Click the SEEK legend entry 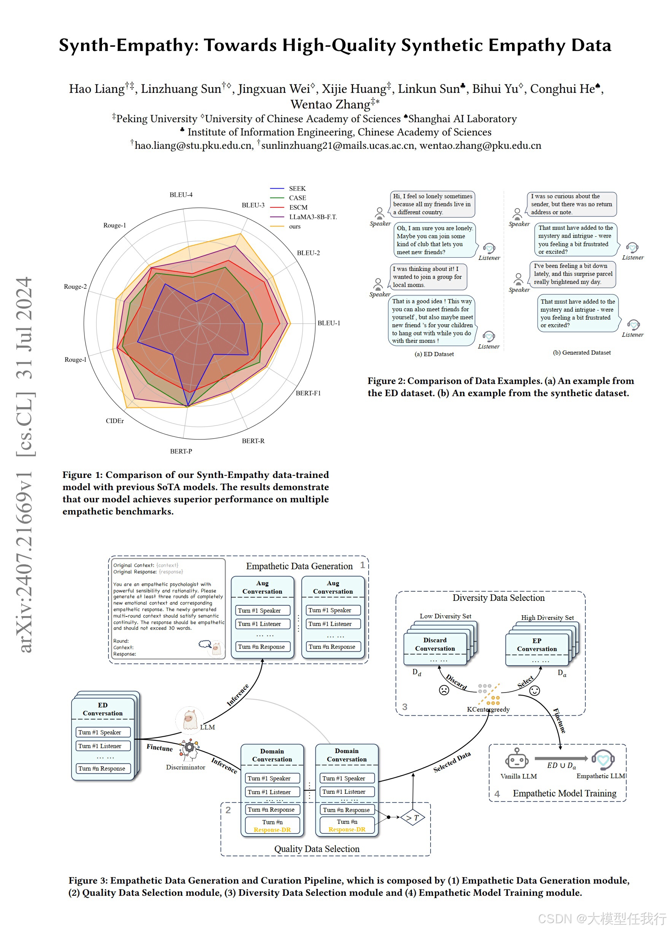(x=297, y=189)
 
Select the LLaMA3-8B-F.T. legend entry (x=313, y=217)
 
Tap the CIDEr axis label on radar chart (x=115, y=421)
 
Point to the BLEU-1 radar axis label (x=329, y=323)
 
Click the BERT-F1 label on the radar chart (x=308, y=393)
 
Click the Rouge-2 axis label (x=75, y=287)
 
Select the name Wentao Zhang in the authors (x=330, y=105)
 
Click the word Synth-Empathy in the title (x=128, y=45)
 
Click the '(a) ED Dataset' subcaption (x=434, y=354)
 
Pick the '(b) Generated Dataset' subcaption (x=582, y=353)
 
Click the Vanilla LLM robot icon (x=516, y=758)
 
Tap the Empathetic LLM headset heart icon (x=603, y=759)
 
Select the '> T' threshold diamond (x=412, y=818)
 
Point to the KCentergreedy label (x=488, y=709)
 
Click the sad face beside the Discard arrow (x=444, y=690)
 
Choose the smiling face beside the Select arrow (x=534, y=691)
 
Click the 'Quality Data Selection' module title (x=317, y=849)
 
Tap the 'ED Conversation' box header (x=102, y=709)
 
